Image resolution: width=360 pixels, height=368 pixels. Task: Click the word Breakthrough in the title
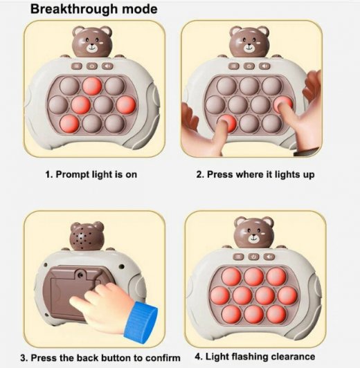click(x=74, y=10)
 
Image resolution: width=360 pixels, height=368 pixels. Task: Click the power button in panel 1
click(x=92, y=66)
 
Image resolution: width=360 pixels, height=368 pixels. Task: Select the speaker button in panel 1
click(x=107, y=66)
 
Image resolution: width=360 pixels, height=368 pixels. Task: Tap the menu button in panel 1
click(x=77, y=66)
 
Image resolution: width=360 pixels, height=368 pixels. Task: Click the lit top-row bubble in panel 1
click(x=92, y=86)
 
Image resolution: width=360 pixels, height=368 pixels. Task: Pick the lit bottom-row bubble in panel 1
click(x=69, y=123)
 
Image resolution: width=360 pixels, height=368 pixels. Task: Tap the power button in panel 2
click(x=249, y=66)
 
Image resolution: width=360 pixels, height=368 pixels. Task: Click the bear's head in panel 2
click(x=249, y=42)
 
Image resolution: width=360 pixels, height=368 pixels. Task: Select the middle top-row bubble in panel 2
click(x=249, y=86)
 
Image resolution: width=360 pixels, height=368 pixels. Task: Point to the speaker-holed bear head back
click(x=87, y=237)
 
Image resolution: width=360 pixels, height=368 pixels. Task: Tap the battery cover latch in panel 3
click(x=81, y=275)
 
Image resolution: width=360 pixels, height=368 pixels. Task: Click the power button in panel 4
click(x=253, y=257)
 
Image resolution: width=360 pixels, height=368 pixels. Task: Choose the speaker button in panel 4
click(x=269, y=257)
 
